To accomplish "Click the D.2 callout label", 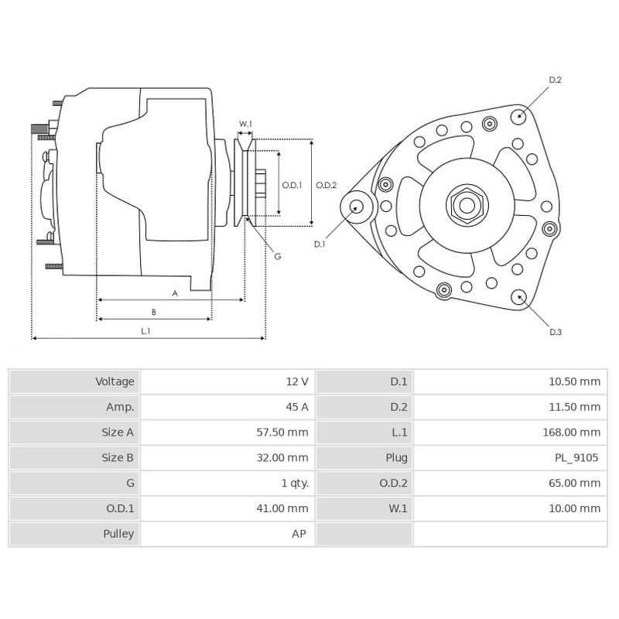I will click(555, 80).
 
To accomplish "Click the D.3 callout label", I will click(556, 332).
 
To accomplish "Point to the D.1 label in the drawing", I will click(320, 244).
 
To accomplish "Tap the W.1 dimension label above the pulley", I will click(245, 124).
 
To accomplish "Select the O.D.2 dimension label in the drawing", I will click(326, 184).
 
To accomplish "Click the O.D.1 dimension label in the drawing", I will click(292, 184).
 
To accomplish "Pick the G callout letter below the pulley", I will click(277, 256).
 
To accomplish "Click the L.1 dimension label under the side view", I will click(145, 330).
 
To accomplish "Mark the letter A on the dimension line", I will click(175, 293).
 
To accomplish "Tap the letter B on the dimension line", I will click(153, 312).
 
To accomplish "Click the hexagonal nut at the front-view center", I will click(467, 205).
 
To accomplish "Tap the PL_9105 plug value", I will click(576, 458).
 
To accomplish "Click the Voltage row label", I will click(115, 381).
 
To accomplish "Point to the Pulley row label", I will click(118, 534).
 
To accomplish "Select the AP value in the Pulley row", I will click(301, 534).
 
